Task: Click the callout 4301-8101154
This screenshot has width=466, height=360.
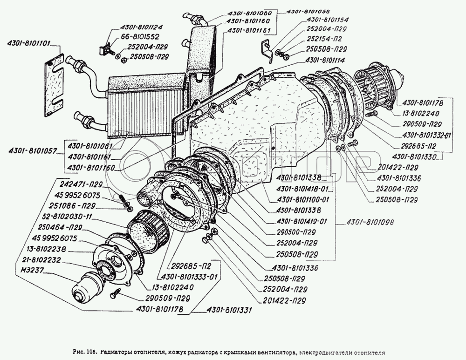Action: pos(328,20)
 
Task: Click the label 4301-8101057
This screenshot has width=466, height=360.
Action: pos(33,151)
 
